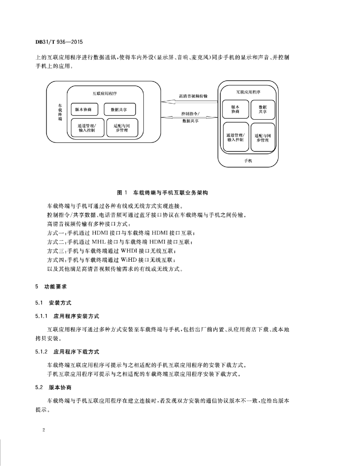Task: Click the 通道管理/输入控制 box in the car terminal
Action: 86,128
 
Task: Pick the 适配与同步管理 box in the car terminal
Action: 122,128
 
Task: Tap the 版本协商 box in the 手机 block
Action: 235,109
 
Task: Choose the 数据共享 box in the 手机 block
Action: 263,109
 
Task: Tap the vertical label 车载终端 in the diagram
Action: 60,111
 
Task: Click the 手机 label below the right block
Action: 248,161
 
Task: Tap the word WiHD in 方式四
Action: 129,259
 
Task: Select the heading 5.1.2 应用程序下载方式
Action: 67,352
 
